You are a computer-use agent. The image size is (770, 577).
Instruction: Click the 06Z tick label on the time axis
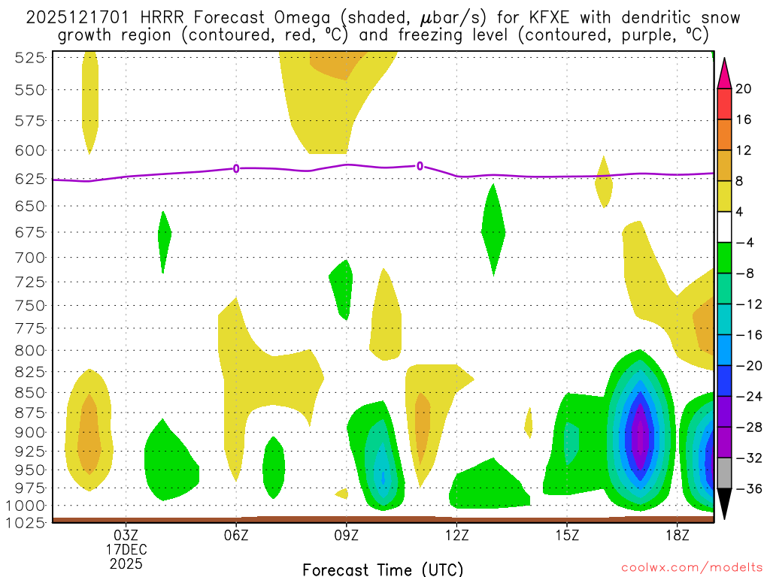click(x=236, y=536)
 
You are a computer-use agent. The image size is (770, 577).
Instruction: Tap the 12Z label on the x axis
click(x=457, y=536)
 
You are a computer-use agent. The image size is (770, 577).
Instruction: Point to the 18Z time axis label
click(x=678, y=536)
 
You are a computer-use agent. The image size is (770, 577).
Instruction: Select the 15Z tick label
click(x=567, y=536)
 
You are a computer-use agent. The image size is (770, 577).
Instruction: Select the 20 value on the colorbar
click(x=744, y=89)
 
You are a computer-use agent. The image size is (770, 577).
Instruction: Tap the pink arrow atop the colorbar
click(x=724, y=73)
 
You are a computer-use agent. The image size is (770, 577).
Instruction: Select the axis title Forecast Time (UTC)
click(x=383, y=569)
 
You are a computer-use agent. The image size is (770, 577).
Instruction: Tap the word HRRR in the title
click(x=153, y=17)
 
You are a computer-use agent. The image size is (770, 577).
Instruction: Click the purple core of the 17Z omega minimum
click(x=640, y=437)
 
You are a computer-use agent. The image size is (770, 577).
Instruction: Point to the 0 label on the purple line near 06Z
click(x=236, y=168)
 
